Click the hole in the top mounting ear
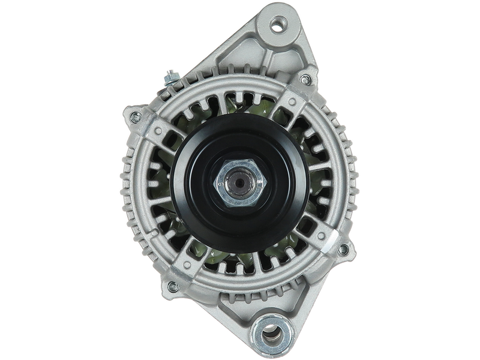(x=277, y=25)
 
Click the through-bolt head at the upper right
(x=306, y=79)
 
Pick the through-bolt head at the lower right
(x=343, y=249)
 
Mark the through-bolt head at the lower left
(x=172, y=287)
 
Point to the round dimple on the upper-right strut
(x=292, y=100)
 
